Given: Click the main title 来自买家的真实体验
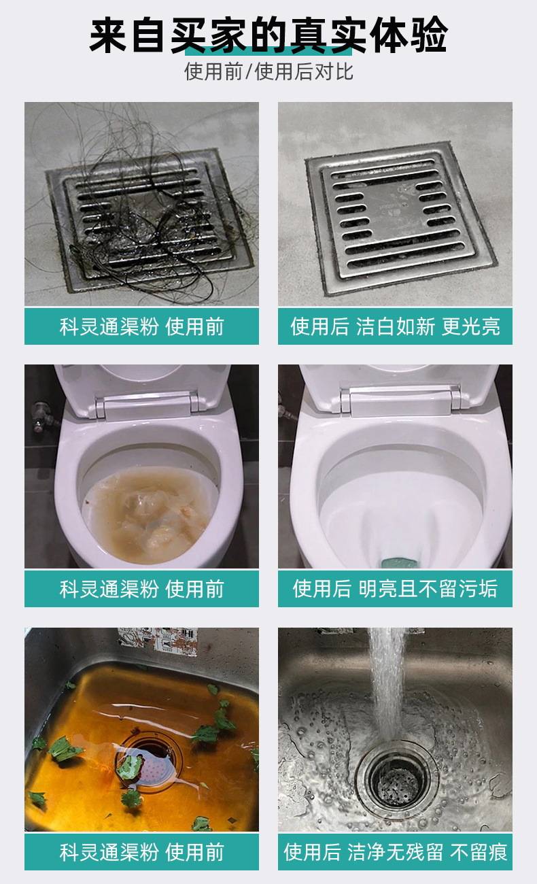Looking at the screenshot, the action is pos(268,35).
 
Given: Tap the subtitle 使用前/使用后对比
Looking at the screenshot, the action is pos(268,72).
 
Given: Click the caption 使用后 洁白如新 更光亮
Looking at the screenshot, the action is pos(396,327).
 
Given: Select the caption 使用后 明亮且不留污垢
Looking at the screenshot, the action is pos(396,589).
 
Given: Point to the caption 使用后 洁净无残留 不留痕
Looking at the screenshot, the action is pos(396,852).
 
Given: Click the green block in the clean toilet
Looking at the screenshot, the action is pos(399,562).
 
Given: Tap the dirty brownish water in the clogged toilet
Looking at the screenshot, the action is pos(149,513).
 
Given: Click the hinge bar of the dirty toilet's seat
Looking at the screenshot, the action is pos(146,405).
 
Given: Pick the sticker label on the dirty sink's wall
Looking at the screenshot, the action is pos(158,641).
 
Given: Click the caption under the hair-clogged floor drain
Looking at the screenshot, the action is pos(141,327).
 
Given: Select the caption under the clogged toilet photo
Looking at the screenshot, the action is pos(141,589).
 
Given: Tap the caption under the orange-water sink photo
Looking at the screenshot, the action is pos(141,852).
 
